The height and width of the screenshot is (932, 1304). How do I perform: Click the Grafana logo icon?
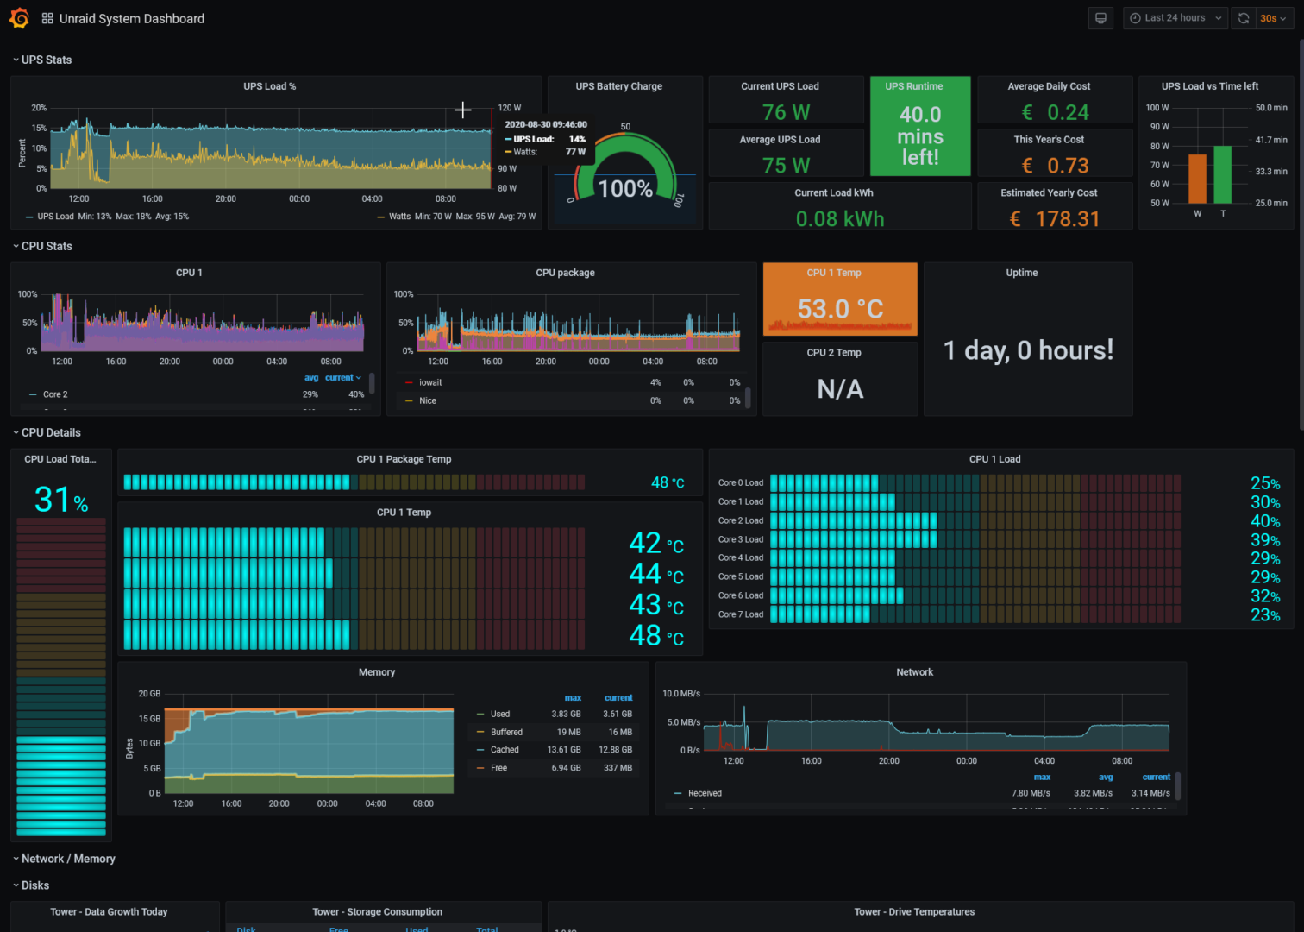click(x=19, y=18)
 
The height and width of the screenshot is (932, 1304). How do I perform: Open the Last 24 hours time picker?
click(x=1174, y=18)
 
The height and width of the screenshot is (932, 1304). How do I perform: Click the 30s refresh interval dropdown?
click(x=1273, y=18)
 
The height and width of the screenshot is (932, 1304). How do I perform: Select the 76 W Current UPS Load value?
click(x=786, y=112)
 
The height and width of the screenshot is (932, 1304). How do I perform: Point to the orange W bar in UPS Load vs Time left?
click(x=1197, y=179)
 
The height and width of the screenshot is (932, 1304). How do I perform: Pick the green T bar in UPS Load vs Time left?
click(x=1222, y=174)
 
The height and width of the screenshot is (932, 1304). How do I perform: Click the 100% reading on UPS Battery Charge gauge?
click(x=625, y=189)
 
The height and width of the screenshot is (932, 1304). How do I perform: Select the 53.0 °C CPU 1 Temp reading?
click(x=840, y=308)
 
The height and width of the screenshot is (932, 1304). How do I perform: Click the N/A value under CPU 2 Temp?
click(x=840, y=389)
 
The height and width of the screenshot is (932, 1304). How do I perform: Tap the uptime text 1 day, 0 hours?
click(x=1028, y=350)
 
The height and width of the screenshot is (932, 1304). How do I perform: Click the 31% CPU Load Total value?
click(x=61, y=500)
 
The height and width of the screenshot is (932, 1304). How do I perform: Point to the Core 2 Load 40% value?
click(x=1264, y=521)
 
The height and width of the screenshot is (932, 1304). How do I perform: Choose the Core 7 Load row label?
click(x=740, y=614)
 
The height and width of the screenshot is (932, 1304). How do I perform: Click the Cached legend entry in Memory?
click(x=505, y=750)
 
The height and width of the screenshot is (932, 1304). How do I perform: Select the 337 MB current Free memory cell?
click(x=618, y=768)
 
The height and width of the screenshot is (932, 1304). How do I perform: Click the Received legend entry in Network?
click(x=705, y=793)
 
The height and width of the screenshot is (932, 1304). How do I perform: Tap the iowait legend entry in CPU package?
click(x=430, y=382)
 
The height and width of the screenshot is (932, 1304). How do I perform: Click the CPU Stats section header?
click(x=47, y=246)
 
